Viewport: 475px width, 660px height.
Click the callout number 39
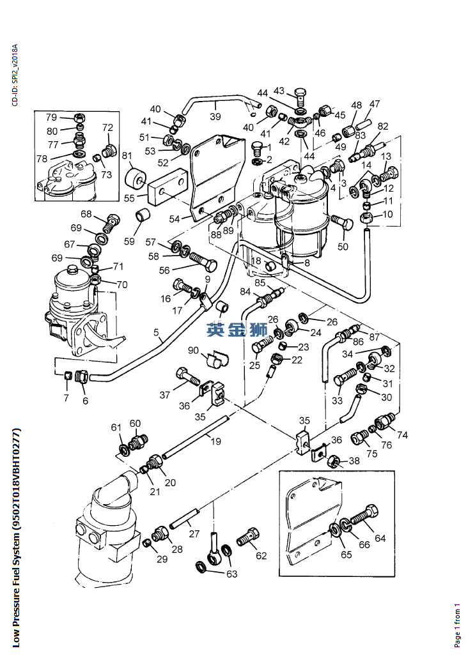tap(215, 116)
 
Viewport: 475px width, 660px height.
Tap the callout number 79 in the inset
tap(51, 117)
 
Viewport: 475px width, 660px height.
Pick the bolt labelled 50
tap(340, 225)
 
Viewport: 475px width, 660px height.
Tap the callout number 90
tap(194, 350)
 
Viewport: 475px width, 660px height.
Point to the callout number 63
tap(231, 574)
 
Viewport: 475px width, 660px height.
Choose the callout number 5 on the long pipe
tap(155, 332)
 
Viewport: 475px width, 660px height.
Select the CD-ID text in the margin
tap(15, 71)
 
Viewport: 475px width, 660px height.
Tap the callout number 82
tap(383, 127)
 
